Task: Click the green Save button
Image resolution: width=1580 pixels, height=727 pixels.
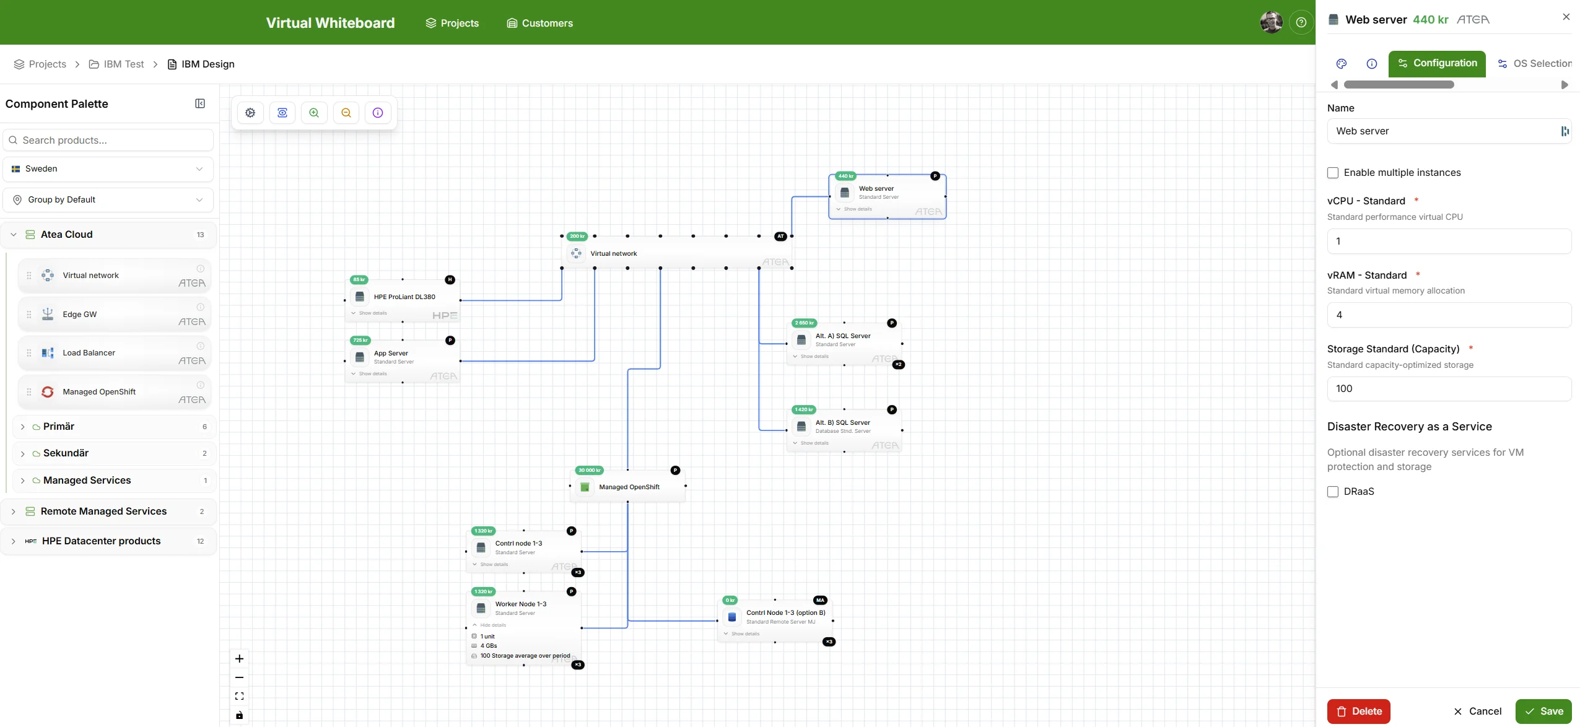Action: coord(1543,711)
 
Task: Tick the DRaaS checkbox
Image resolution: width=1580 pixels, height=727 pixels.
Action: coord(1333,492)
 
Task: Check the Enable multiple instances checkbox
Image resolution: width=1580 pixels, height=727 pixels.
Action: coord(1333,173)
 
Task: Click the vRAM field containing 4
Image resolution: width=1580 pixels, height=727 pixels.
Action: coord(1448,315)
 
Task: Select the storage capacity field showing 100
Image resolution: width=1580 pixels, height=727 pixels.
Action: coord(1448,389)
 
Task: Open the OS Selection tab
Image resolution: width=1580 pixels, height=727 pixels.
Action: coord(1535,64)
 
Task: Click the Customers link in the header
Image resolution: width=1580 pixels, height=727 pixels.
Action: coord(540,23)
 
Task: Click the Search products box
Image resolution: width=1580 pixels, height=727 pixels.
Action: coord(108,140)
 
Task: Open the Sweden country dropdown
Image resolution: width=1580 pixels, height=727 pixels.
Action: coord(108,169)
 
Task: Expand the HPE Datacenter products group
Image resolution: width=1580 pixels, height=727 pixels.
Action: coord(101,541)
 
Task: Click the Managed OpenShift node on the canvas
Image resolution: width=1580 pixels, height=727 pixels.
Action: coord(628,487)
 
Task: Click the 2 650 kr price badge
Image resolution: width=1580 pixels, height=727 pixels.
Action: coord(804,323)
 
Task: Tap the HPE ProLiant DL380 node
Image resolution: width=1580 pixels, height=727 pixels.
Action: coord(404,297)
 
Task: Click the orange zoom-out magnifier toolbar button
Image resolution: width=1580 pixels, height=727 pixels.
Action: coord(346,113)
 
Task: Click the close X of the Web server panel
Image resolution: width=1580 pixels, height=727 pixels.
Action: coord(1566,17)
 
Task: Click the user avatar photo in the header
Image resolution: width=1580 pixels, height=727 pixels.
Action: coord(1271,22)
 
